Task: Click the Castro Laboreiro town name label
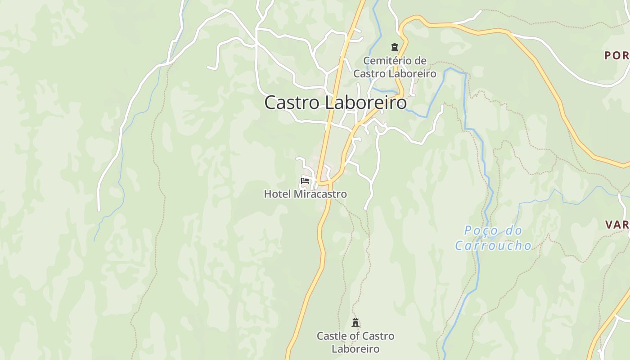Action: (x=335, y=103)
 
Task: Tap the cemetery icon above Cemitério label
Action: (x=395, y=47)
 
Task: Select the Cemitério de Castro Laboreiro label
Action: (x=395, y=67)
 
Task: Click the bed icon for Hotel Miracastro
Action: (x=305, y=181)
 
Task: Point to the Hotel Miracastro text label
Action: (x=305, y=194)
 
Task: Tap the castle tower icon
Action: (x=355, y=322)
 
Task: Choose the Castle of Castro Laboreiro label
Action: (x=355, y=342)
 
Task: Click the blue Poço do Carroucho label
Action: (x=493, y=238)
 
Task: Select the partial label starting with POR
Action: (x=616, y=55)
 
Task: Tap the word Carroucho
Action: (x=493, y=246)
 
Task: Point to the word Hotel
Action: (x=277, y=194)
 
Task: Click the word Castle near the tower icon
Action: (x=331, y=336)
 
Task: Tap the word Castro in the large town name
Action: (x=292, y=103)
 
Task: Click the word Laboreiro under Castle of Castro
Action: (x=355, y=349)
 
